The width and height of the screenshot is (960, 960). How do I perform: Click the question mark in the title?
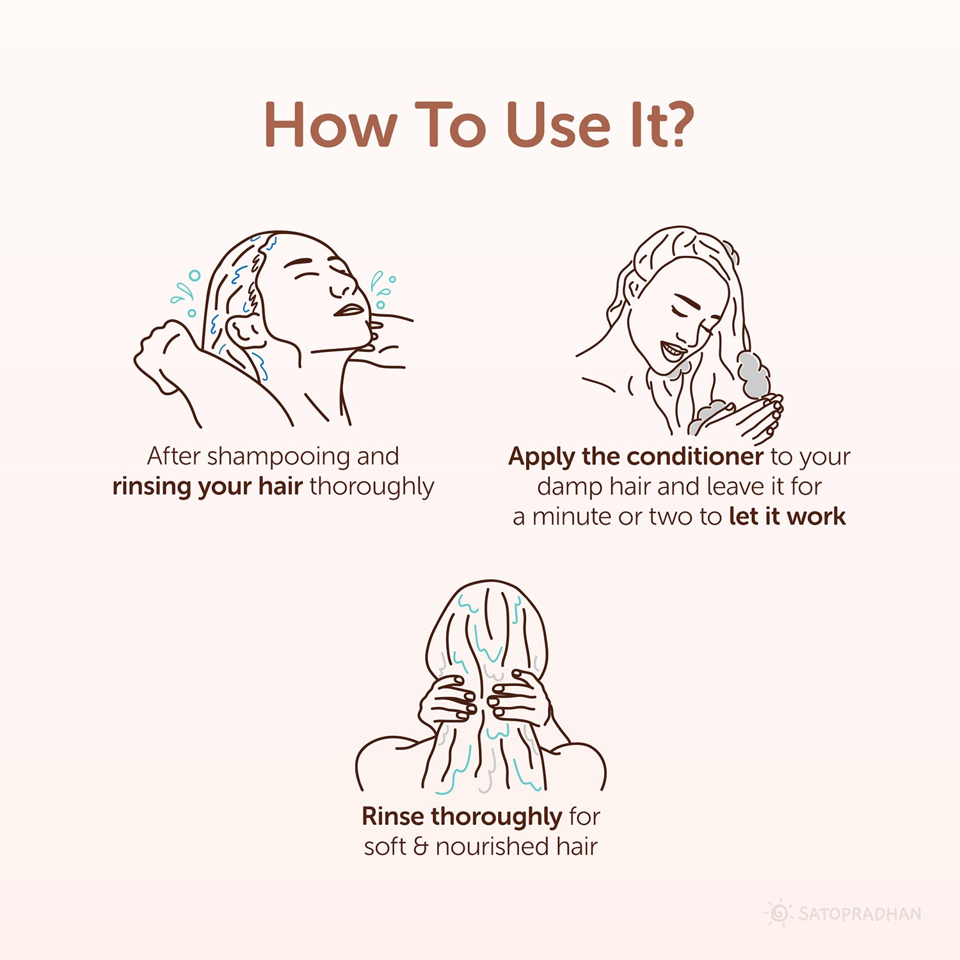click(x=675, y=124)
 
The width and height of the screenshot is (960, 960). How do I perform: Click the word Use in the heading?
click(x=557, y=124)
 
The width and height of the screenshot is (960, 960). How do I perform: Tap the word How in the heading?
click(x=330, y=124)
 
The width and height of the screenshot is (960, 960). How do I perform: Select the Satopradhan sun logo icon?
click(x=779, y=913)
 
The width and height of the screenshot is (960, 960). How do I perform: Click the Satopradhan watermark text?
click(x=860, y=913)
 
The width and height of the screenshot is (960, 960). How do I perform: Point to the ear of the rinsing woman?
click(x=243, y=330)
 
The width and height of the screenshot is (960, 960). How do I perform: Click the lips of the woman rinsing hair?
click(x=349, y=310)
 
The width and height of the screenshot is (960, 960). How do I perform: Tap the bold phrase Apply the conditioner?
click(x=636, y=456)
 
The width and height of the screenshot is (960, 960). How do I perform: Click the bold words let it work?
click(x=787, y=516)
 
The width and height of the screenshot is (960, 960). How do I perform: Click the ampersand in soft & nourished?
click(x=420, y=847)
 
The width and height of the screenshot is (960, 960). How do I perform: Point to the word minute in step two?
click(x=573, y=516)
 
